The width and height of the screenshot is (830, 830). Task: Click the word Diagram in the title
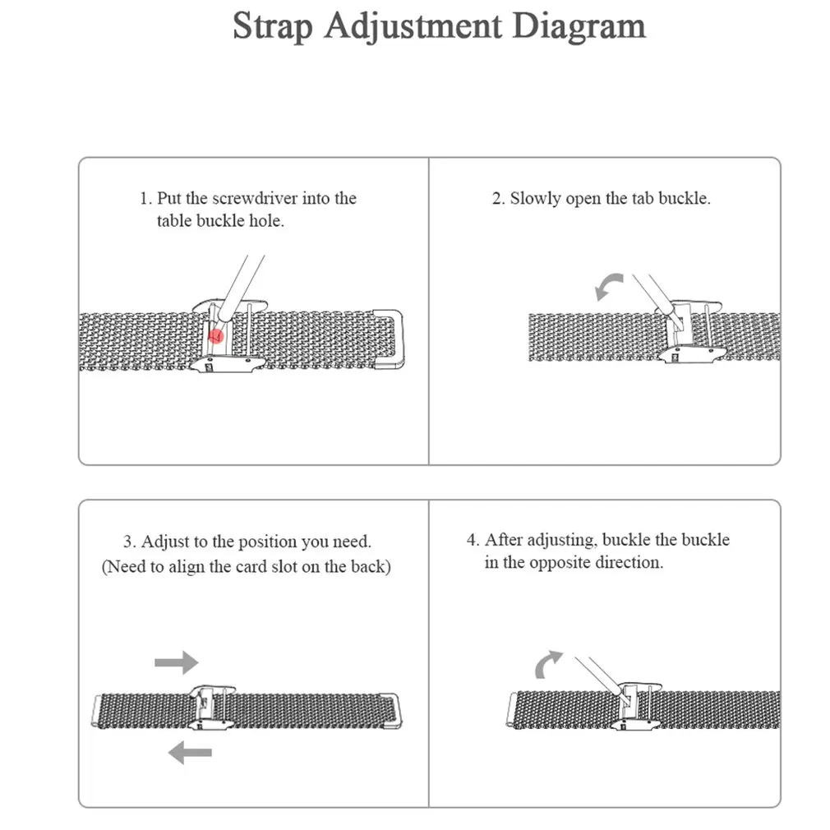579,25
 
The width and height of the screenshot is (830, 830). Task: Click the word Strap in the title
272,25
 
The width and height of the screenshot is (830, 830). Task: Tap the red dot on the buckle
216,335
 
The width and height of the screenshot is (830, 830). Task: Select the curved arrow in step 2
609,288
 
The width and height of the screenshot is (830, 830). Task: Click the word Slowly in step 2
535,198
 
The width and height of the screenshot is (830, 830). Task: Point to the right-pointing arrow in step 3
177,662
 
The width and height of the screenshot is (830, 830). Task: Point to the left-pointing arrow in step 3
190,751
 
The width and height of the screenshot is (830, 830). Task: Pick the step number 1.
145,198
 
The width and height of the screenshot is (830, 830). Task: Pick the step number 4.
473,540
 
